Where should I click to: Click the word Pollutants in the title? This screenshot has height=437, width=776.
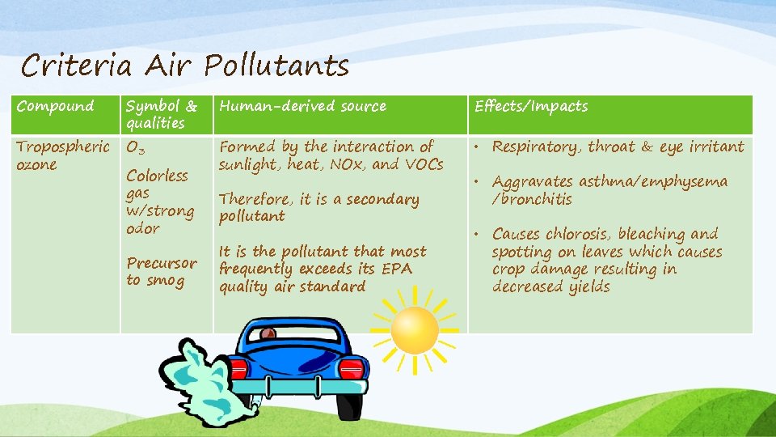pyautogui.click(x=276, y=66)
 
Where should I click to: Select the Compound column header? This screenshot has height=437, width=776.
pyautogui.click(x=55, y=106)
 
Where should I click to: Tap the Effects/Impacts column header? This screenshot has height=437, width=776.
pyautogui.click(x=531, y=106)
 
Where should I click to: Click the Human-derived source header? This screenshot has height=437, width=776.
pyautogui.click(x=303, y=106)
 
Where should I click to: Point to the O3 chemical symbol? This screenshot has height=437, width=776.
pyautogui.click(x=136, y=148)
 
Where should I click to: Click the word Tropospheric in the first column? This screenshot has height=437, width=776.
pyautogui.click(x=63, y=147)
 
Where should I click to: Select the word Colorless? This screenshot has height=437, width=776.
pyautogui.click(x=157, y=176)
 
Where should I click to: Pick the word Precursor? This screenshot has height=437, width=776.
pyautogui.click(x=162, y=263)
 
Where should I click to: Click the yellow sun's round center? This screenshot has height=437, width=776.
pyautogui.click(x=415, y=329)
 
